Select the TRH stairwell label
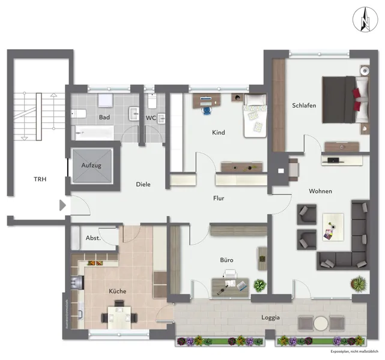pos(40,179)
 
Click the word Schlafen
pos(304,106)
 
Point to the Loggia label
pos(270,317)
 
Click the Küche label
pos(117,291)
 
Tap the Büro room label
pos(226,260)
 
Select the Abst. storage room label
pos(93,238)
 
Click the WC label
pos(151,118)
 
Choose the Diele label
pos(143,185)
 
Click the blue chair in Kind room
pos(207,109)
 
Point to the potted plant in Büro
pos(259,285)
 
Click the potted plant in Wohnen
pos(358,282)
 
